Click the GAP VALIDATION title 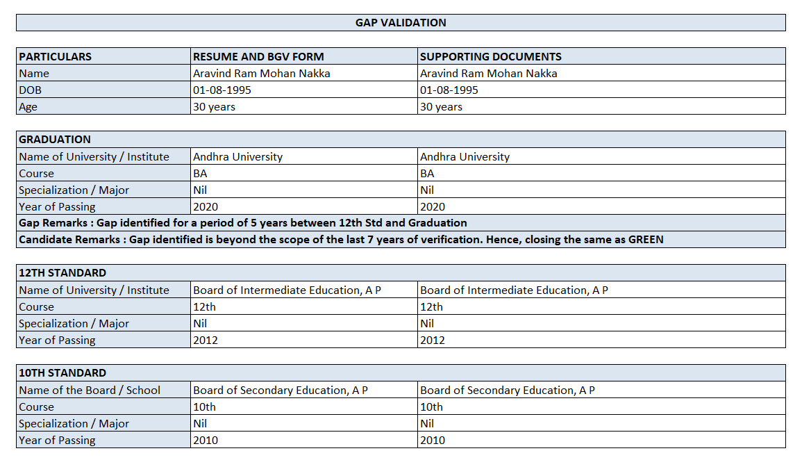click(x=401, y=23)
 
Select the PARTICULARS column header click(x=56, y=57)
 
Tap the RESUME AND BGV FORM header click(x=258, y=57)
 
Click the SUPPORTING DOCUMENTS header click(x=491, y=57)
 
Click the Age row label click(x=28, y=107)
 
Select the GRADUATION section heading click(x=55, y=140)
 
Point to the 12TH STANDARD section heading click(x=62, y=273)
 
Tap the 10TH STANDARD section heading click(x=62, y=373)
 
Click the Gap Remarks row click(x=243, y=223)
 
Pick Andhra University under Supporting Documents click(x=465, y=157)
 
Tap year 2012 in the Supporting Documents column click(x=433, y=340)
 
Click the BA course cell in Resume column click(x=200, y=174)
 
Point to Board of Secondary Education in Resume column click(x=281, y=391)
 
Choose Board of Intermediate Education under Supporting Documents click(x=514, y=290)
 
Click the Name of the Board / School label click(x=90, y=391)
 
